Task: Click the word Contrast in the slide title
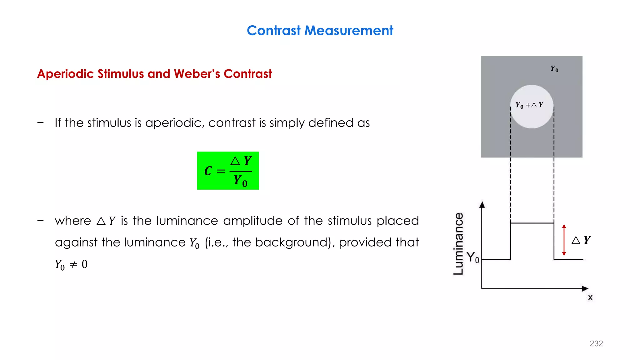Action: coord(273,31)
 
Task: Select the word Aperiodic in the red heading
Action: coord(65,74)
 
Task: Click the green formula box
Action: coord(228,171)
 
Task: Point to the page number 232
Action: coord(596,343)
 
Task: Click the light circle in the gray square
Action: coord(532,117)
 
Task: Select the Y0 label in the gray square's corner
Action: coord(554,69)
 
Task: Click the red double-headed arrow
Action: coord(564,240)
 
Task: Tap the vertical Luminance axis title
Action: coord(458,244)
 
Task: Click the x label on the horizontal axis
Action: coord(590,297)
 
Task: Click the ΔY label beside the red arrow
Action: coord(581,240)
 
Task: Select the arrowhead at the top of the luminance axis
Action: coord(482,205)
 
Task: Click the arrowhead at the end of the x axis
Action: coord(585,288)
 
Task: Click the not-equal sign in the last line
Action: coord(73,265)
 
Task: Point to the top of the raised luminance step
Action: coord(532,223)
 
